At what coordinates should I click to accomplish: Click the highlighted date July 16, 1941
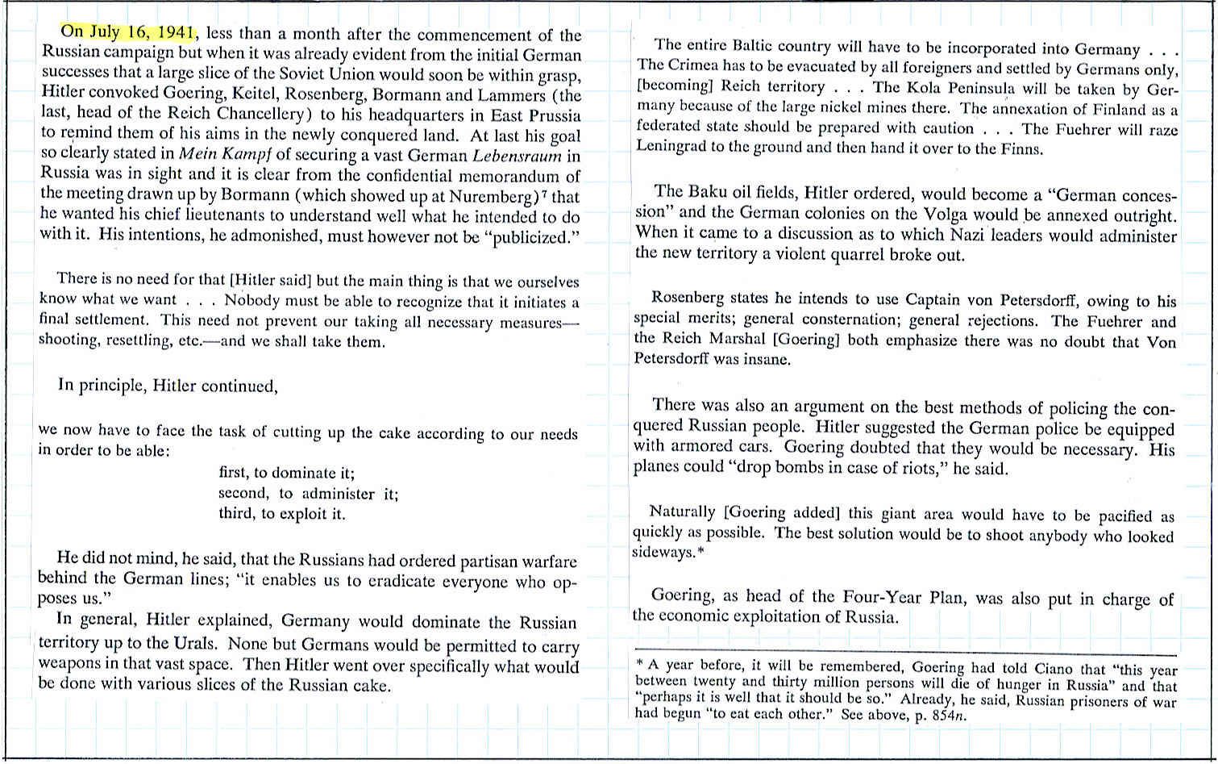click(x=129, y=32)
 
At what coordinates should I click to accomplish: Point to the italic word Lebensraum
click(x=517, y=156)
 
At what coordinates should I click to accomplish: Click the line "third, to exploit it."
click(x=281, y=514)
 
